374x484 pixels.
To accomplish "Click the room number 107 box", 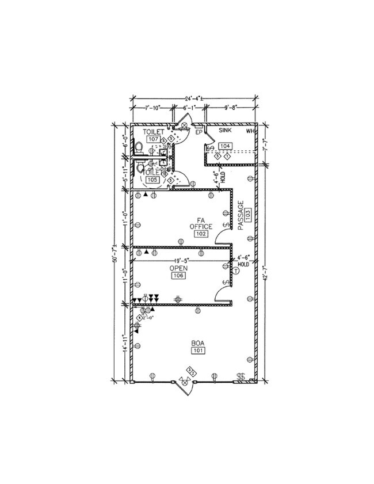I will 152,139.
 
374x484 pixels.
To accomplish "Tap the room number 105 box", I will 152,180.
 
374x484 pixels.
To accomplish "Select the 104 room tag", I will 225,146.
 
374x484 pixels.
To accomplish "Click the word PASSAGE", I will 242,216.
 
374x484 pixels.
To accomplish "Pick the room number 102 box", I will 201,234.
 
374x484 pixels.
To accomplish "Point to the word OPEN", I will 178,269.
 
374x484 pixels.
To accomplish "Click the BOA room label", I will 198,344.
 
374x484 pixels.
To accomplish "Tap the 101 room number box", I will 198,351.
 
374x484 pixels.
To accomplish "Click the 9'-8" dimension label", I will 232,108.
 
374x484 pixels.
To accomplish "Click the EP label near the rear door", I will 199,132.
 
